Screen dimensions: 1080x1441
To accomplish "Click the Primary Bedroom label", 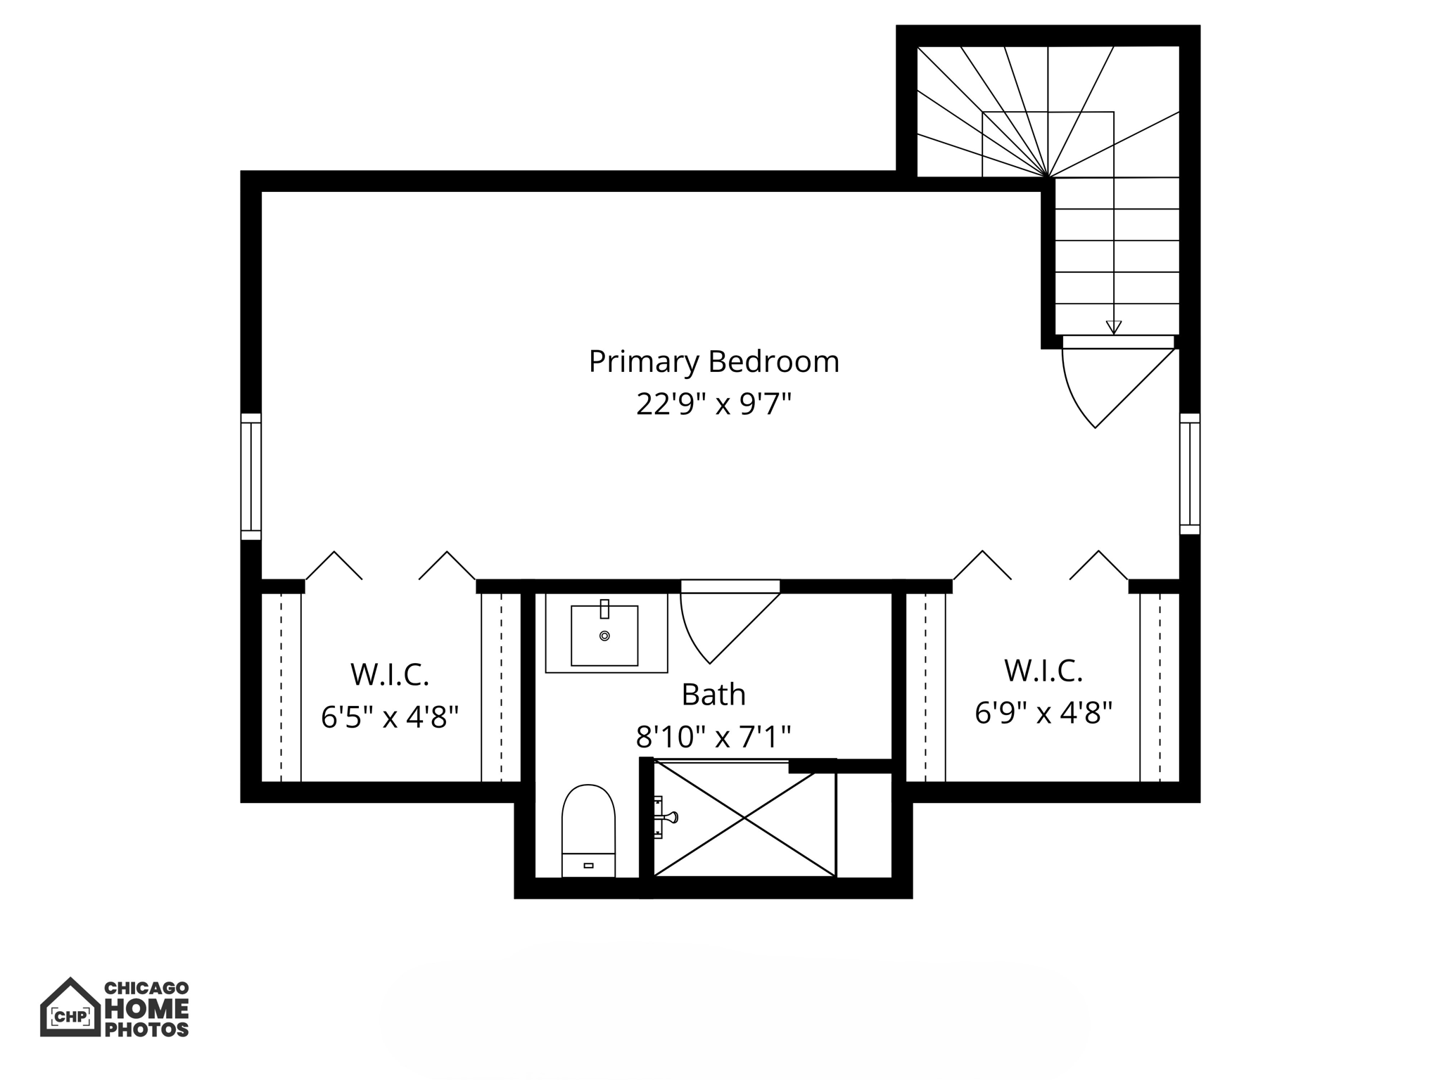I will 713,361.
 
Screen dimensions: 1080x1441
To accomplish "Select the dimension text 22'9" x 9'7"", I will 713,404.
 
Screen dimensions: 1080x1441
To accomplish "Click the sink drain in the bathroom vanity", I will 604,636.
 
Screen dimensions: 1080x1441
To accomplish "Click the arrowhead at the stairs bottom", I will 1113,327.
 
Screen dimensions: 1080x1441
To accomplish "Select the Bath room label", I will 713,695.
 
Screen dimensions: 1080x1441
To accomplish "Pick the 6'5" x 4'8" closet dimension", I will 390,718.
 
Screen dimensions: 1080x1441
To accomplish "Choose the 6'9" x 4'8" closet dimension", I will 1043,713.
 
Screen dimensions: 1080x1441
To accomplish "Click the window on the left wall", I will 251,476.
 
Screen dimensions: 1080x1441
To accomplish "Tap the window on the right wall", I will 1190,473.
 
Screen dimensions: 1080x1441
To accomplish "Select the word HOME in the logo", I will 146,1009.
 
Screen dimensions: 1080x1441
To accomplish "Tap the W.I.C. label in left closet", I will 390,675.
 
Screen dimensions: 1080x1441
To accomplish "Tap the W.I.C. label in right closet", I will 1043,671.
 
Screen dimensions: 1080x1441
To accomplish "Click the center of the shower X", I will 744,818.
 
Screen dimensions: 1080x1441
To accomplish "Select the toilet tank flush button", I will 588,865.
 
